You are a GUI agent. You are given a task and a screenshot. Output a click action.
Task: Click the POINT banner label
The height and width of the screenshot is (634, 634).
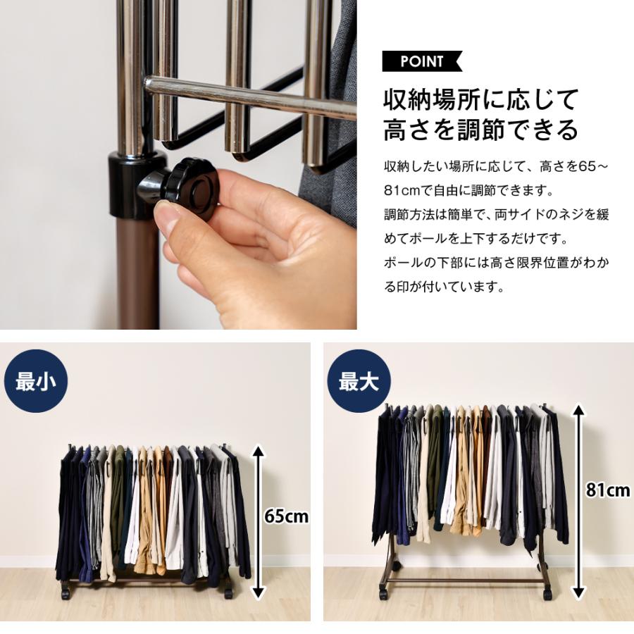pyautogui.click(x=421, y=61)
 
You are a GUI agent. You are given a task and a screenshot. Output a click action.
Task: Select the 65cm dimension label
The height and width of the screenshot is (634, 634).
pyautogui.click(x=286, y=516)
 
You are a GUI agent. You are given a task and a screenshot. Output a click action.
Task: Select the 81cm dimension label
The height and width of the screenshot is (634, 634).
pyautogui.click(x=608, y=490)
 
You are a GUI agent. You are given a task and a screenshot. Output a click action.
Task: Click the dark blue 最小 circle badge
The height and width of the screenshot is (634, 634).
pyautogui.click(x=36, y=381)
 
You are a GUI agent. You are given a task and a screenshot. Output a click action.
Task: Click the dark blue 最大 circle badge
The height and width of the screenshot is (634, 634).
pyautogui.click(x=359, y=381)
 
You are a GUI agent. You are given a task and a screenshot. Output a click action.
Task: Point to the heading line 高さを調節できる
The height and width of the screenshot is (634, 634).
pyautogui.click(x=480, y=130)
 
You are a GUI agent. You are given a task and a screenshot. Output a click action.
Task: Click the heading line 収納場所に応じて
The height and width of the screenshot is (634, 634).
pyautogui.click(x=480, y=99)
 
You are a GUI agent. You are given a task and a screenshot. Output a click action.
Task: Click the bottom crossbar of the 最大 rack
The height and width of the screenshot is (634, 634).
pyautogui.click(x=465, y=580)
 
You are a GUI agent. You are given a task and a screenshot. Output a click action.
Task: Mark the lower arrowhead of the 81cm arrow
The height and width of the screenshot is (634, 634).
pyautogui.click(x=580, y=592)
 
